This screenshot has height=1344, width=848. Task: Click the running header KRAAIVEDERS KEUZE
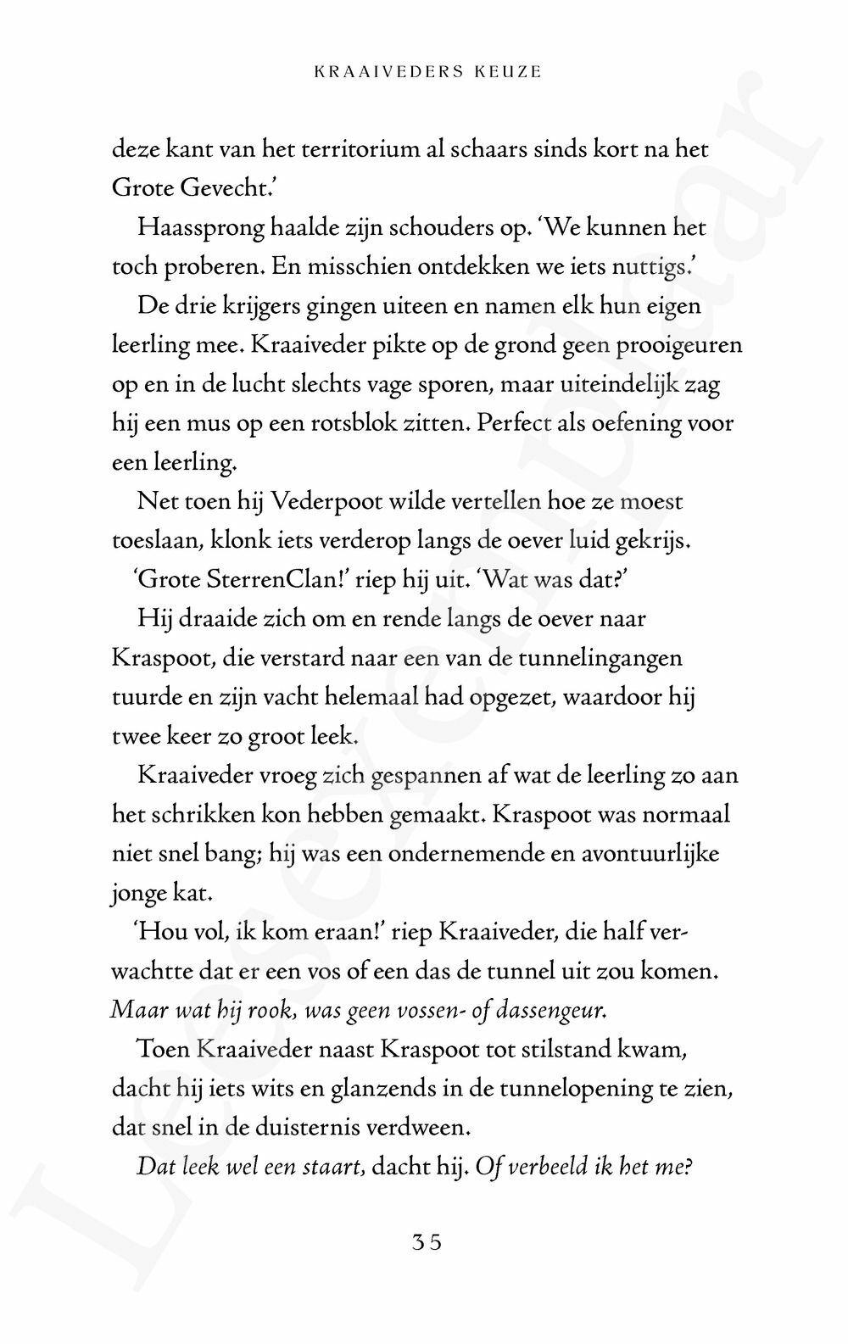click(427, 72)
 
